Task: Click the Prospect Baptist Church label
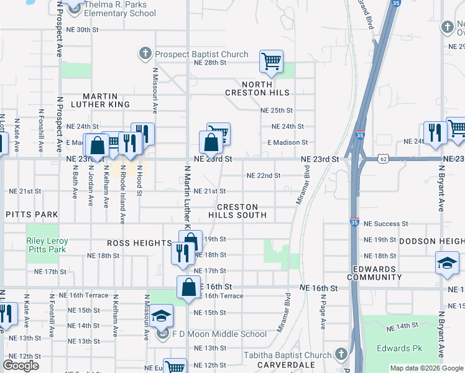pos(201,54)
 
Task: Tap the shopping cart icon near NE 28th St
pos(271,61)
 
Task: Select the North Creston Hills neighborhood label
pos(257,88)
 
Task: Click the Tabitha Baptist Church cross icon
pos(341,355)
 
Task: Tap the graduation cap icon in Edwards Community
pos(447,262)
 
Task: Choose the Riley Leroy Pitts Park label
pos(45,246)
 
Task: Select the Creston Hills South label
pos(242,211)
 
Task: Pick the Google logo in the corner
pos(21,366)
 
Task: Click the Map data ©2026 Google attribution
pos(426,368)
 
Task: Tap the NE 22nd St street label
pos(264,175)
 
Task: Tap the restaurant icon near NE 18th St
pos(182,252)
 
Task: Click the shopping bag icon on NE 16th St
pos(187,287)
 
